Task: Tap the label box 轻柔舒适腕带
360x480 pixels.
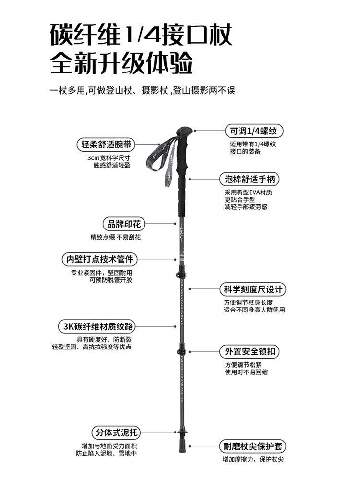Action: pyautogui.click(x=106, y=144)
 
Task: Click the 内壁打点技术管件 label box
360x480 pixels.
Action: pyautogui.click(x=99, y=259)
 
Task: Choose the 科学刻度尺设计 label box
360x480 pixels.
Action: pyautogui.click(x=252, y=289)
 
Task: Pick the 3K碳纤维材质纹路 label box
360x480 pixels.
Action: pyautogui.click(x=96, y=327)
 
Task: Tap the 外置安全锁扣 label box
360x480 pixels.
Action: pyautogui.click(x=249, y=351)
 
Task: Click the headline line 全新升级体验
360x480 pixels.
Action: pyautogui.click(x=122, y=63)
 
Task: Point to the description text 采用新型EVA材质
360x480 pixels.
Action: pyautogui.click(x=248, y=192)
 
